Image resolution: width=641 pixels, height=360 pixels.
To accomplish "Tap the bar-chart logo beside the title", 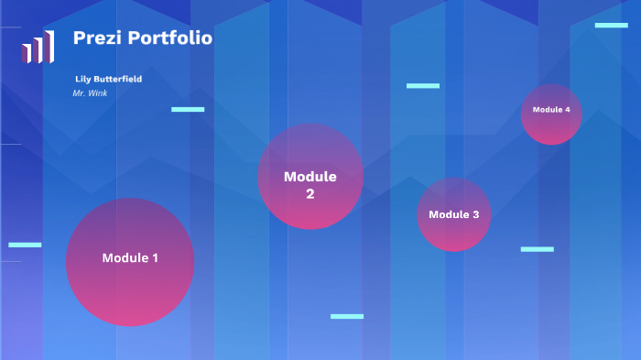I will pos(38,48).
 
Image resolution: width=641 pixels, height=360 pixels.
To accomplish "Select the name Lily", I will pos(83,80).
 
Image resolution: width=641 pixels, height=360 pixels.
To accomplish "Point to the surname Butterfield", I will pos(118,80).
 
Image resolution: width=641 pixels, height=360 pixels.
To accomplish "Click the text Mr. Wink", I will pos(90,93).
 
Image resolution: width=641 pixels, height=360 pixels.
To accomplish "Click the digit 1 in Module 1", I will pos(155,258).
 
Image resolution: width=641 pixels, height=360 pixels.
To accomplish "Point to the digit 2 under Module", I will pos(310,194).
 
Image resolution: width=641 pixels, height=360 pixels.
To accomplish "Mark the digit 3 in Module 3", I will pos(474,214).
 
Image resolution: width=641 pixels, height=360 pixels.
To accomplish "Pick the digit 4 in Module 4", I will pos(568,110).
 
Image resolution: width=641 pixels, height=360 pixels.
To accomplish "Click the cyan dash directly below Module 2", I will pos(347,316).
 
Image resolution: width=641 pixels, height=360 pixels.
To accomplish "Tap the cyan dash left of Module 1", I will pos(25,245).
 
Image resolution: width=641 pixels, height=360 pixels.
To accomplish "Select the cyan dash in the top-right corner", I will pos(611,25).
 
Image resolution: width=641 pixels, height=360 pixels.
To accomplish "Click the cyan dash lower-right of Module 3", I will pos(537,248).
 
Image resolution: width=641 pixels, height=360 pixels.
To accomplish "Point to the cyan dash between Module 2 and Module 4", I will pos(423,85).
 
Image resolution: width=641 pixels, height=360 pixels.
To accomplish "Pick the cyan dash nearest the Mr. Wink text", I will pos(188,109).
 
